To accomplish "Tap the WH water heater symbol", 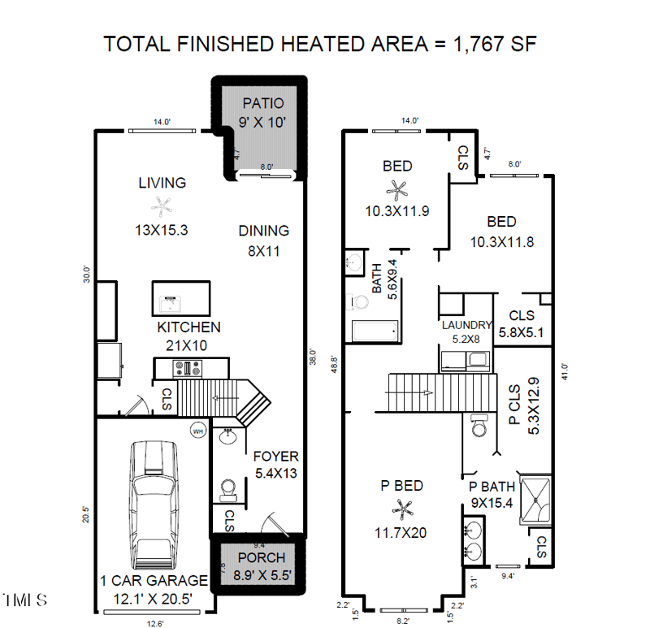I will pyautogui.click(x=197, y=431).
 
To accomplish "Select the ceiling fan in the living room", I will pyautogui.click(x=163, y=206).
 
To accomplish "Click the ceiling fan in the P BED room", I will pyautogui.click(x=401, y=509).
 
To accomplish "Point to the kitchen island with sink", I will pyautogui.click(x=180, y=298).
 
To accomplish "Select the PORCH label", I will pyautogui.click(x=262, y=557).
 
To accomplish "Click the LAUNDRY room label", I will pyautogui.click(x=466, y=325).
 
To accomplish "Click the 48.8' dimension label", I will pyautogui.click(x=334, y=362).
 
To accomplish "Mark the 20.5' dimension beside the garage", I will pyautogui.click(x=85, y=515).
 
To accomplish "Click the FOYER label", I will pyautogui.click(x=275, y=456).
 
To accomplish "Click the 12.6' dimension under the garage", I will pyautogui.click(x=154, y=624).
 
